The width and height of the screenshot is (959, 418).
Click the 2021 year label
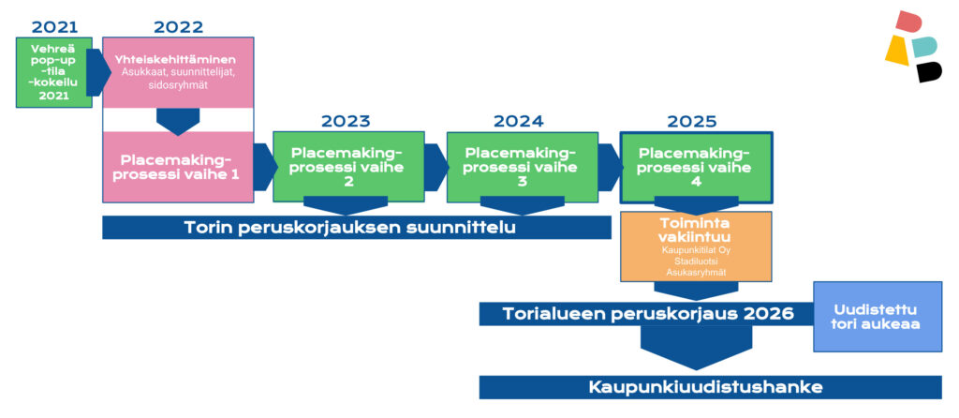point(54,27)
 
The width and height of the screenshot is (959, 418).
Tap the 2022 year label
point(178,27)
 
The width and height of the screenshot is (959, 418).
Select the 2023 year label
point(346,121)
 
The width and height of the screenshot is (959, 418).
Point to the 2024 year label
point(519,121)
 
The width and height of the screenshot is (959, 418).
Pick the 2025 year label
point(692,121)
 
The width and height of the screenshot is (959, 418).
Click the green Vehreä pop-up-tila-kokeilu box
point(53,72)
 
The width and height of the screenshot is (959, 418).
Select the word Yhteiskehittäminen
point(175,60)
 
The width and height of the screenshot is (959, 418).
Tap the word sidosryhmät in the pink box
point(178,85)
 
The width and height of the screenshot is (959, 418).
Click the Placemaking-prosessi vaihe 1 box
point(178,167)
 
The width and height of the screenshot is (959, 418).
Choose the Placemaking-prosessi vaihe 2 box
point(348,167)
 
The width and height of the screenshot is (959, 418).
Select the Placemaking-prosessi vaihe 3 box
point(523,167)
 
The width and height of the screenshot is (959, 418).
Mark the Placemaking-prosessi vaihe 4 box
point(696,167)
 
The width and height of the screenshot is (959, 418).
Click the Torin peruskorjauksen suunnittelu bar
point(357,228)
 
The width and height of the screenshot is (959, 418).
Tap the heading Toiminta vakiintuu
point(696,229)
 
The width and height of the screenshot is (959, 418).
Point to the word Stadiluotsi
point(696,261)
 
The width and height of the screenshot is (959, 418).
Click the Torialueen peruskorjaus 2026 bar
point(646,314)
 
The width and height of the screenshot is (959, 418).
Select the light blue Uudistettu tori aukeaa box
point(877,317)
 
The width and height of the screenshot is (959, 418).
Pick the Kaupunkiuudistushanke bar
point(710,387)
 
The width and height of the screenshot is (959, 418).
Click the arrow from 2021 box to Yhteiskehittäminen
point(97,73)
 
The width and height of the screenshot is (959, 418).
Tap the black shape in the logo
point(928,71)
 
